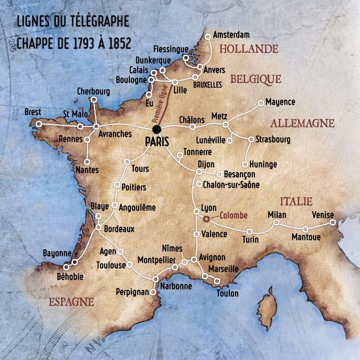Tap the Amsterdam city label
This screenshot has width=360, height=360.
point(231,35)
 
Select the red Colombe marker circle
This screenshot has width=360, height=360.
point(206,219)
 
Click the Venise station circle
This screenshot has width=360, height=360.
point(332,222)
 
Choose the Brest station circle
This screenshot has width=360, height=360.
point(39,124)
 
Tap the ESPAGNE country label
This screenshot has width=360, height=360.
point(71,302)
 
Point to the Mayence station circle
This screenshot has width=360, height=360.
point(260,103)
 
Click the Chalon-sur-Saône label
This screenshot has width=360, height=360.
point(231,185)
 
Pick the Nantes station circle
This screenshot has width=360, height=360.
point(87,162)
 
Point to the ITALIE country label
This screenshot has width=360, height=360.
point(296,201)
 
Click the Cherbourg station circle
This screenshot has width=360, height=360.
point(93,100)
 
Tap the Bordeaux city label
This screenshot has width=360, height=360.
point(119,229)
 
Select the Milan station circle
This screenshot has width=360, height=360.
point(276,222)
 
